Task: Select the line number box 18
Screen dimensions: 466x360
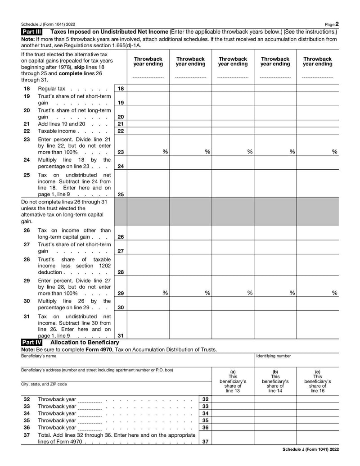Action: point(121,89)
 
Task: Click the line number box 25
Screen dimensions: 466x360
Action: point(121,195)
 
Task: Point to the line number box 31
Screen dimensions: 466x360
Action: point(121,335)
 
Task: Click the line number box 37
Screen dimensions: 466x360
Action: point(205,442)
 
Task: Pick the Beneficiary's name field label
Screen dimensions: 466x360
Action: point(39,356)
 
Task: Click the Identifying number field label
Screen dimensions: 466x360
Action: point(274,356)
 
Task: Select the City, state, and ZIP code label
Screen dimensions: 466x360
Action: point(44,385)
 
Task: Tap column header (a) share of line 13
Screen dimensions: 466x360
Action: point(233,381)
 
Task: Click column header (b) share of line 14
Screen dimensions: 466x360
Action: point(275,381)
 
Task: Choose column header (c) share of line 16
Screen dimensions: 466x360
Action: point(317,381)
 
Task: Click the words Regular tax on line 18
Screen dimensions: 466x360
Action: point(51,89)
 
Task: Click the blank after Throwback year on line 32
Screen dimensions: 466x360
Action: point(90,400)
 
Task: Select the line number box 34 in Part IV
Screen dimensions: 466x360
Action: point(205,413)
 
